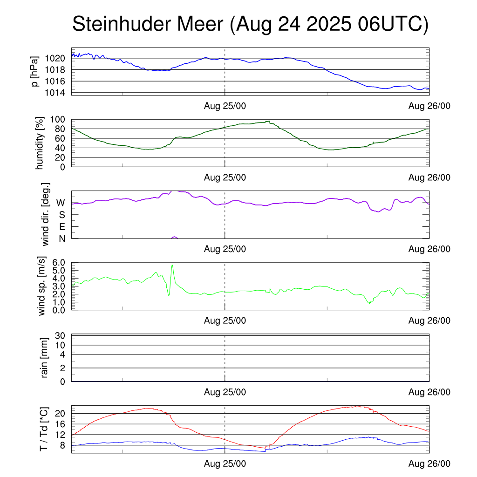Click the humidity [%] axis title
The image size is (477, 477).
click(40, 143)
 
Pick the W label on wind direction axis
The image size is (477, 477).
click(61, 203)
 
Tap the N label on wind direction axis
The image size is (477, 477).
click(61, 238)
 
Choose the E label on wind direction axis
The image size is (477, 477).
click(61, 227)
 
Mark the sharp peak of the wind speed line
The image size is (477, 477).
click(172, 265)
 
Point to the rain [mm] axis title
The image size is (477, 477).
click(45, 358)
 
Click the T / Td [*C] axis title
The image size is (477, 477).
click(43, 429)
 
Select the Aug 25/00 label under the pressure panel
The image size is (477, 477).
click(225, 106)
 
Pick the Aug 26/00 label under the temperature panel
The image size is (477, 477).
click(429, 464)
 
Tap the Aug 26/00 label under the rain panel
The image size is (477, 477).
click(429, 392)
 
